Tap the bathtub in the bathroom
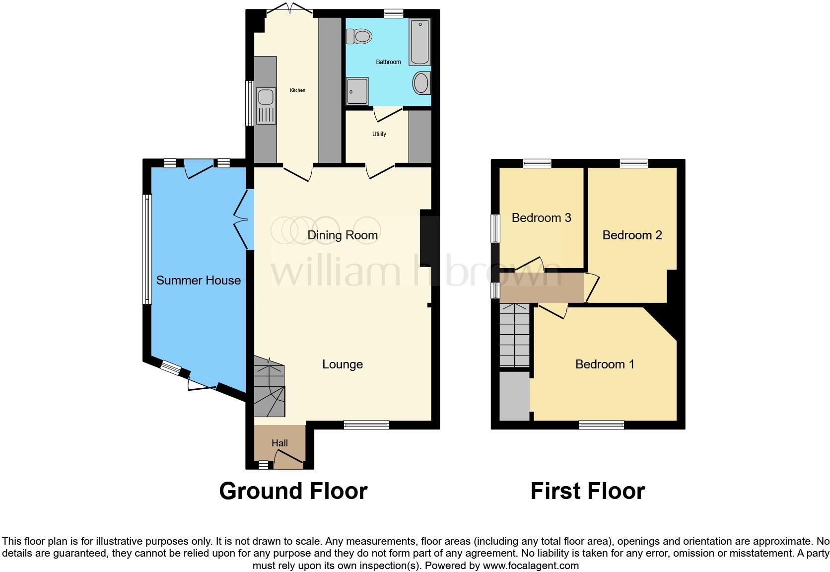tap(419, 42)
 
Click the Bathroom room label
tap(388, 62)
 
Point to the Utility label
tap(379, 134)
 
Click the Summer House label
tap(198, 281)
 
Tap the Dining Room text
tap(343, 235)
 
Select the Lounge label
tap(343, 364)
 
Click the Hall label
tap(279, 443)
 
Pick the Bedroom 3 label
tap(541, 218)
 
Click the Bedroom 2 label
tap(632, 235)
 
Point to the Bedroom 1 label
tap(604, 364)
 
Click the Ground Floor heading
tap(293, 491)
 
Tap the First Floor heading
tap(587, 491)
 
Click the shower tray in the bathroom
tap(357, 91)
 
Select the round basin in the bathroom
tap(421, 83)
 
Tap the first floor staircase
tap(514, 336)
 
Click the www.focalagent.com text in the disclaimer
tap(531, 565)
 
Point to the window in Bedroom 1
tap(601, 425)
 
